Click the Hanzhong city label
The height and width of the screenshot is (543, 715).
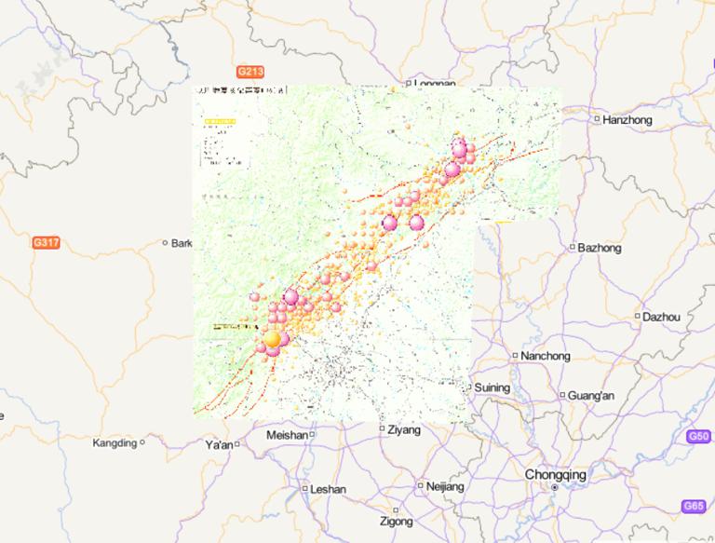[627, 120]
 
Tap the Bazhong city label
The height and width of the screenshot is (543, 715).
[599, 248]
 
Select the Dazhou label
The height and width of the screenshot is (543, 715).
[661, 318]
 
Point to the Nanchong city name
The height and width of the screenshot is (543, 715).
[545, 356]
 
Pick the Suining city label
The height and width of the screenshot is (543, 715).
[492, 387]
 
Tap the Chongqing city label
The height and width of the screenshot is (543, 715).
[556, 475]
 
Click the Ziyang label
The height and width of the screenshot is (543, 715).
[404, 430]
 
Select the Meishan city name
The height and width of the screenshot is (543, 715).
[287, 435]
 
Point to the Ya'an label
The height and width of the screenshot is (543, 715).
[219, 445]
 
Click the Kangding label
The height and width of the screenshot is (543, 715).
[115, 443]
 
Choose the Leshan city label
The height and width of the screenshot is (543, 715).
[328, 489]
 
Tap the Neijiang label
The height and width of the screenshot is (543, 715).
[445, 486]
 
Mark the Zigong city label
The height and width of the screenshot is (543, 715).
[396, 522]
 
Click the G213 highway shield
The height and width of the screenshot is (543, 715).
[250, 72]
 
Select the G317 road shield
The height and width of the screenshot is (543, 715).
[46, 243]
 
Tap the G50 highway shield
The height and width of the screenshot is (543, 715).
[698, 437]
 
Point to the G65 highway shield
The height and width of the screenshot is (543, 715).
[694, 507]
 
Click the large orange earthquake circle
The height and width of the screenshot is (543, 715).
[272, 340]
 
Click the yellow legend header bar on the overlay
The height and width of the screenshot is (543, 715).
[220, 122]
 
